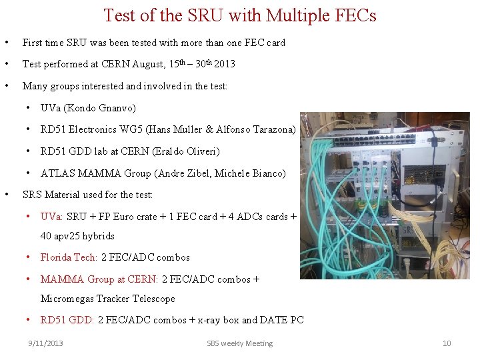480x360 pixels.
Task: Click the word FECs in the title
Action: (353, 15)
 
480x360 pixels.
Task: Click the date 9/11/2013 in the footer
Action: (45, 343)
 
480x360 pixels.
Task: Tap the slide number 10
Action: (447, 343)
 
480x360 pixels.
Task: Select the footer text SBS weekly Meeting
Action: (240, 343)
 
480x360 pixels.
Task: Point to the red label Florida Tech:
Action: (69, 257)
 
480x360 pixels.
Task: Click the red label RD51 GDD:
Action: (67, 320)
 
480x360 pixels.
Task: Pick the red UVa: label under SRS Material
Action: (52, 217)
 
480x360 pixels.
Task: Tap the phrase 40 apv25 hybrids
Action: (77, 236)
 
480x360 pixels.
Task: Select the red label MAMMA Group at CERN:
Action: (99, 279)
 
